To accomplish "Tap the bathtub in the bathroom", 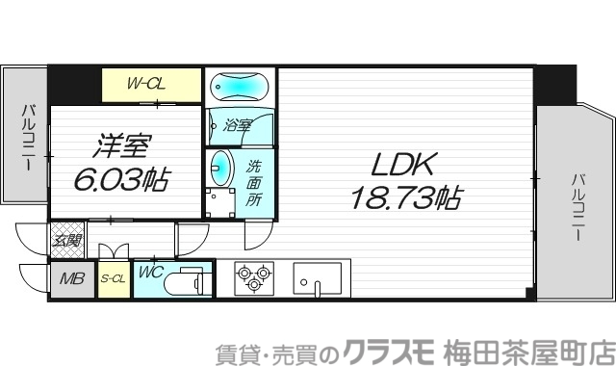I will tap(239, 88).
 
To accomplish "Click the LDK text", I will tap(403, 165).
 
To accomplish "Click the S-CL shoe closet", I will tap(113, 280).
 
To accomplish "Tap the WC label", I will tap(150, 273).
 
